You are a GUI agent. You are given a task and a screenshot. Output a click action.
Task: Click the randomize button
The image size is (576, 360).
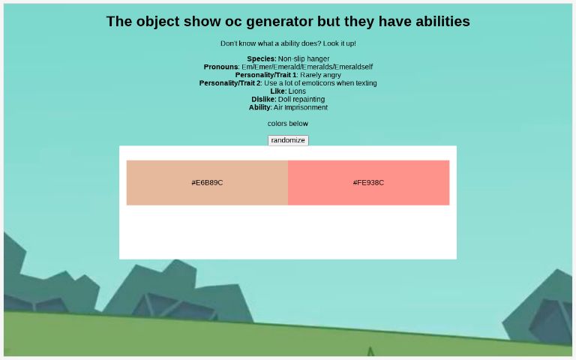tap(288, 140)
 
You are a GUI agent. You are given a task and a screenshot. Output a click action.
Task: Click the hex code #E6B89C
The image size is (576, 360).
tap(207, 182)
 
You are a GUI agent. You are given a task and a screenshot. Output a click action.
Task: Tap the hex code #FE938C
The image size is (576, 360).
tap(368, 182)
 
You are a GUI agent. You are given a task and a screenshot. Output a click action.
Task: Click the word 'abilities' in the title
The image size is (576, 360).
tap(442, 21)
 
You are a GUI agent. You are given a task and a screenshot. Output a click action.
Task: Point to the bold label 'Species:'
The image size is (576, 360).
tap(262, 58)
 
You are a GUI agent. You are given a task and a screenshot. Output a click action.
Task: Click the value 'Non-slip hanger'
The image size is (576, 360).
tap(304, 58)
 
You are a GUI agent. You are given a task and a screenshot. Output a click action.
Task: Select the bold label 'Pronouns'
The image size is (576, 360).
tap(221, 67)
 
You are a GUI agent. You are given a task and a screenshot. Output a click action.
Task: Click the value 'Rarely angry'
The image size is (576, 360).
tap(320, 75)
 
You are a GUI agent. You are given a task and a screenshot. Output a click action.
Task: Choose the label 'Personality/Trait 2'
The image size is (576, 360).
tap(230, 83)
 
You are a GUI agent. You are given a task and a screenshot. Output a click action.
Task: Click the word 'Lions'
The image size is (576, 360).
tap(297, 91)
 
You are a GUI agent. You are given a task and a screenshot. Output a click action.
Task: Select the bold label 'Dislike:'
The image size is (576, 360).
tap(264, 99)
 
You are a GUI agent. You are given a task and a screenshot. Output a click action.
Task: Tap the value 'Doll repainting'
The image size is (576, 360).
tap(301, 99)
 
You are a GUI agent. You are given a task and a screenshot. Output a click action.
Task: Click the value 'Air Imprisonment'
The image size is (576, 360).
tap(301, 107)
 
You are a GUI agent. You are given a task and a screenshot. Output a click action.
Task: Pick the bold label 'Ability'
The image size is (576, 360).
tap(259, 107)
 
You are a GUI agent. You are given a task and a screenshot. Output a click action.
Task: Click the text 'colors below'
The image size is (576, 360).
tap(288, 124)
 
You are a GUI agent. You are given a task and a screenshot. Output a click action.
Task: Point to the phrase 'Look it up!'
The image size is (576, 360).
tap(340, 43)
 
